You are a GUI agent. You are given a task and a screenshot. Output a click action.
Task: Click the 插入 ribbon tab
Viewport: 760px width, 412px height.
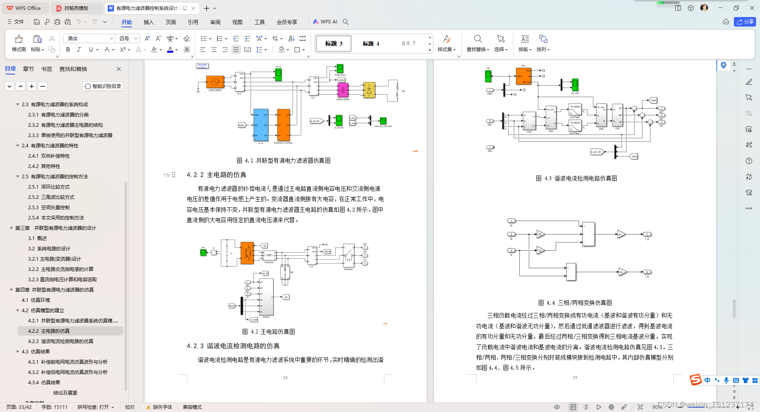(148, 22)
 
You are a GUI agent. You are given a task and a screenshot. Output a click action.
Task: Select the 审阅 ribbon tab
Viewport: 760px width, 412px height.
(215, 22)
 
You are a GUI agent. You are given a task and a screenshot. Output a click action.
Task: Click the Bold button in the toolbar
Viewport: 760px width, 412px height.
(68, 50)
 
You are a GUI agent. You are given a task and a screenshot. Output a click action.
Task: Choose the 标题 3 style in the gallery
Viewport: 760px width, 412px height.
(333, 44)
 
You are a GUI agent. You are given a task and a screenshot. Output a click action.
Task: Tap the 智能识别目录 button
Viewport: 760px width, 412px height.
(103, 86)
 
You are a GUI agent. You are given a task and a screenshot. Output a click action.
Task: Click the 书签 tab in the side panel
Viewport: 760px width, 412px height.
(47, 69)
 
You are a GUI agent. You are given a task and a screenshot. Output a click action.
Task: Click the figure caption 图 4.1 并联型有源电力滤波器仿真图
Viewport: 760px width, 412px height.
(283, 160)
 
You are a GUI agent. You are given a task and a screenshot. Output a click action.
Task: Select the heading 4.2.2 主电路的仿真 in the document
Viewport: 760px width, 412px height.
(217, 175)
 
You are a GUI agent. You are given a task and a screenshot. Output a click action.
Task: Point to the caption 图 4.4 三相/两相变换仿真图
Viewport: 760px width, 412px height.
(575, 303)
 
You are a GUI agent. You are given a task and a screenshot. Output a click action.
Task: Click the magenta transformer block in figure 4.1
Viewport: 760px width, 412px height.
(342, 90)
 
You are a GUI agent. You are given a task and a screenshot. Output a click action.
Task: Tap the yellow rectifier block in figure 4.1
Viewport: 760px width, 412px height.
(369, 90)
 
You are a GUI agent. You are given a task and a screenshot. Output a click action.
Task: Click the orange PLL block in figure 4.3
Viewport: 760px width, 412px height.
(523, 76)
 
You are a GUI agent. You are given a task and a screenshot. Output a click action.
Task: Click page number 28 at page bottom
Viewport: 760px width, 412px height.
(285, 378)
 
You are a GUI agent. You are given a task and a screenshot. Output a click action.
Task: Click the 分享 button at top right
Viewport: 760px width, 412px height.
(745, 22)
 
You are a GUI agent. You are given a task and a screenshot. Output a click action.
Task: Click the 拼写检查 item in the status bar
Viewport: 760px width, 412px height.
(95, 407)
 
